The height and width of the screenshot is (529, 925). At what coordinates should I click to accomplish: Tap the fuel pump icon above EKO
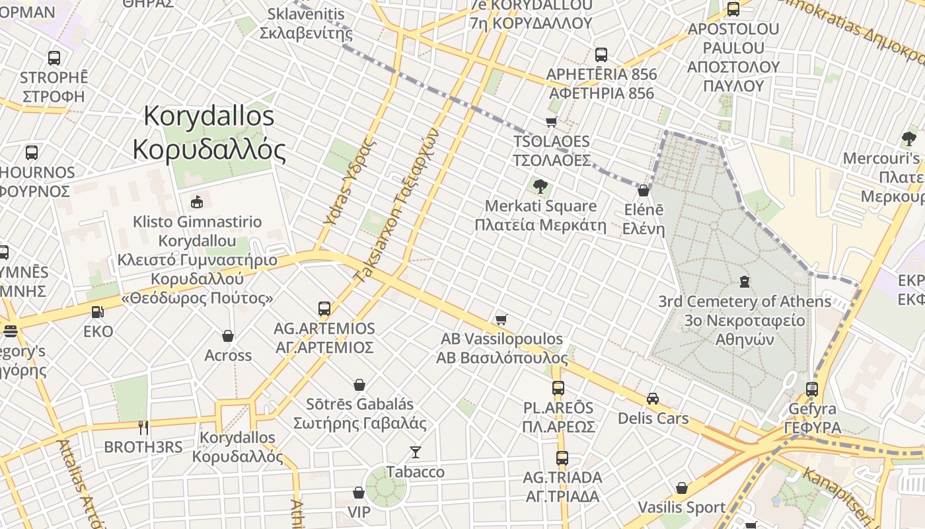coord(97,311)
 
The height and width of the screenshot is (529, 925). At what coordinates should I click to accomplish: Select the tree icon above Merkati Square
coord(540,186)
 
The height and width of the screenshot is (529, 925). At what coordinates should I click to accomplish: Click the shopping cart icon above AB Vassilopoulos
coord(501,320)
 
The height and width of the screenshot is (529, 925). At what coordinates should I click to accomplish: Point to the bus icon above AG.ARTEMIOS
coord(324,308)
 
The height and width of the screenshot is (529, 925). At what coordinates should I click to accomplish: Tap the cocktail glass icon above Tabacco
coord(416,452)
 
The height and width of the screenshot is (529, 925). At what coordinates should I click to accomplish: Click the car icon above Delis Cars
coord(653,399)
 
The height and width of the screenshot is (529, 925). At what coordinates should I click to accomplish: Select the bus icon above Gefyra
coord(812,389)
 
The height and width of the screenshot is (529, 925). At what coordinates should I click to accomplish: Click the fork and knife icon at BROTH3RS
coord(143,427)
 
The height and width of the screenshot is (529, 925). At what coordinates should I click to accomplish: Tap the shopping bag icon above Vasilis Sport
coord(682,488)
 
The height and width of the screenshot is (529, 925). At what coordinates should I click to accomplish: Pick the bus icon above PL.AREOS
coord(558,388)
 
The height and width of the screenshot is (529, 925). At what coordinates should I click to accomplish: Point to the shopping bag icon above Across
coord(228,336)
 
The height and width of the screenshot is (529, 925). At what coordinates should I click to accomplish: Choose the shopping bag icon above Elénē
coord(644,190)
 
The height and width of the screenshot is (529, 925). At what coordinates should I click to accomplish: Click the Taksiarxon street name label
coord(397,206)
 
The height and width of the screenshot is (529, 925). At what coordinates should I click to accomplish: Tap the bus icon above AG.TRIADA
coord(562,458)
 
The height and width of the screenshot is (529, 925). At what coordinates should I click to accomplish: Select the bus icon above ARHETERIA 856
coord(601,55)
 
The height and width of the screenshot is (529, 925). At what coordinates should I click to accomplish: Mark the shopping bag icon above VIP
coord(359,493)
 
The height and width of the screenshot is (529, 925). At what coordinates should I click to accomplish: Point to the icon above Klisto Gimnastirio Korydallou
coord(196,202)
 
